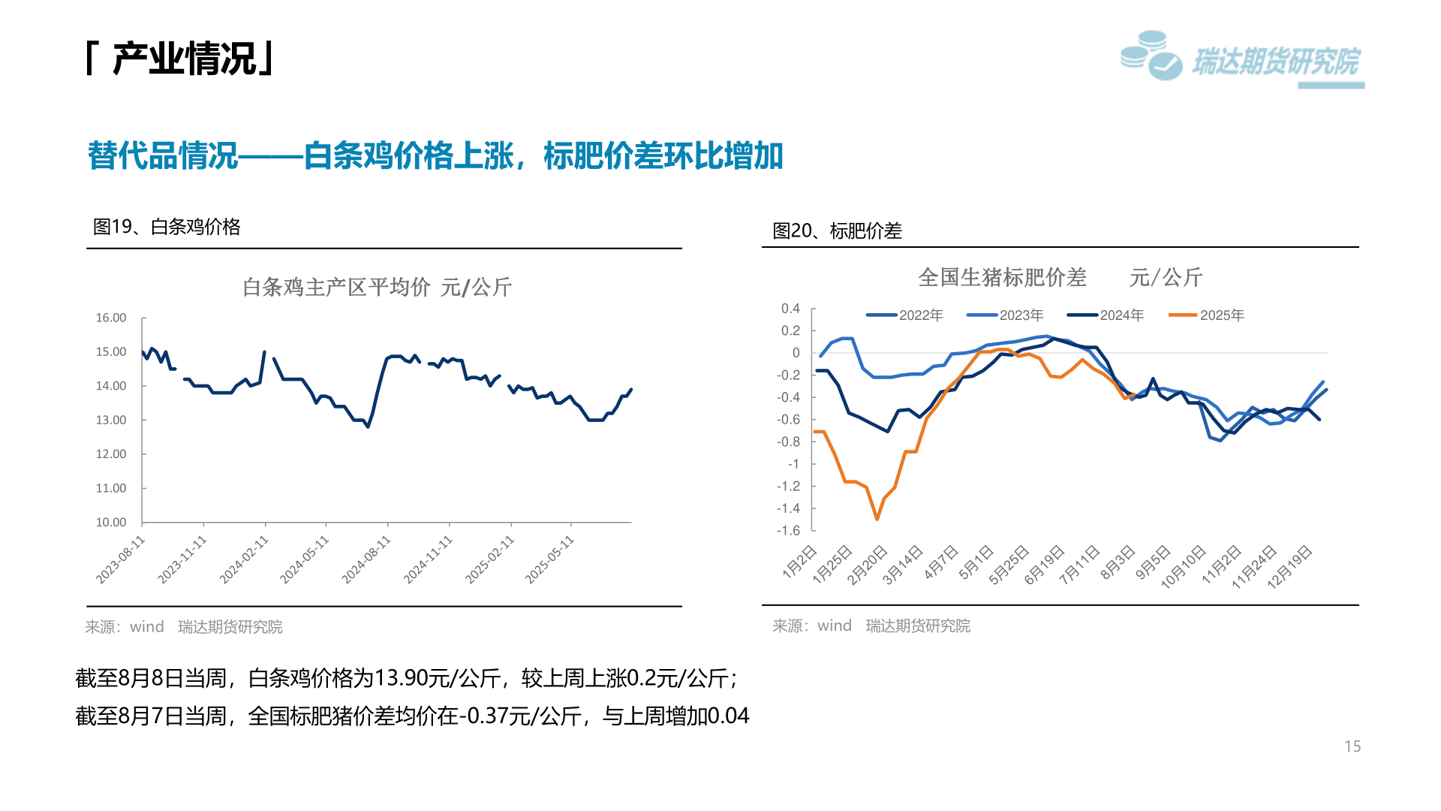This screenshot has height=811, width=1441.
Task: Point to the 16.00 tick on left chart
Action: point(111,318)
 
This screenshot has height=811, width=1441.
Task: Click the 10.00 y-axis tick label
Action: point(111,522)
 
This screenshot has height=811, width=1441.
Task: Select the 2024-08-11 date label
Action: point(366,559)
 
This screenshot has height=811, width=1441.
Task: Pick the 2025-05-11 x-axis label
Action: point(549,559)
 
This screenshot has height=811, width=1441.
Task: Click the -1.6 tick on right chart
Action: point(788,530)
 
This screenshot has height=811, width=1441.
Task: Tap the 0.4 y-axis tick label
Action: point(790,309)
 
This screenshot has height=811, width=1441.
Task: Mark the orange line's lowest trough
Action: point(877,519)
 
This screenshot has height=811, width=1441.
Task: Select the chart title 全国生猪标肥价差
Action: point(1002,277)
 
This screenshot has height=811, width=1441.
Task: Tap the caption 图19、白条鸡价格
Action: point(167,227)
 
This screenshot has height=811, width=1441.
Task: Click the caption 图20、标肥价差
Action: point(837,231)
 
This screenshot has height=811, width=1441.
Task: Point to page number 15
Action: point(1352,746)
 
